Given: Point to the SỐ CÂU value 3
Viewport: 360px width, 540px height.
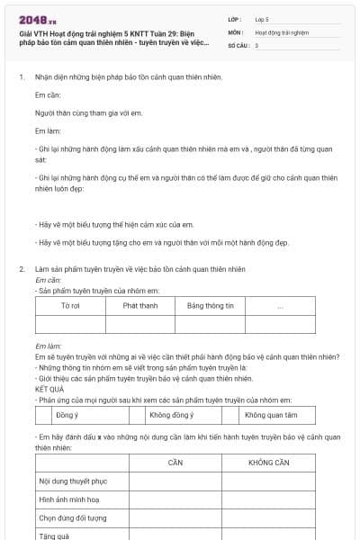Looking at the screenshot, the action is [257, 45].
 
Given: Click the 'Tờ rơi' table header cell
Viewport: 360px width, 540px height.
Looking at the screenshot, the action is [70, 306].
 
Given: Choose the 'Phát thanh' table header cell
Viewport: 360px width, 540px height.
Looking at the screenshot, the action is [140, 306].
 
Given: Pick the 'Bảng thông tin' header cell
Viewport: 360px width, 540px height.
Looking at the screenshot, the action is [210, 306].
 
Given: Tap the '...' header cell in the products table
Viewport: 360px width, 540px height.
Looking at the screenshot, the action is [281, 306].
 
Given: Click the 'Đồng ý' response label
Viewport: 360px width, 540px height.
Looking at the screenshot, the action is [67, 415].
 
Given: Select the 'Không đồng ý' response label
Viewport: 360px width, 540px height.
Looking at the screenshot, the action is [171, 415].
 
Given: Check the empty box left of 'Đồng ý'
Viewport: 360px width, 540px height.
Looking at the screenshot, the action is [41, 415].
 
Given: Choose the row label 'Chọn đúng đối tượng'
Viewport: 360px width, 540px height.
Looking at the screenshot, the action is [73, 518].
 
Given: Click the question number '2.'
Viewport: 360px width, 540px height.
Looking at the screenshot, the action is [22, 269].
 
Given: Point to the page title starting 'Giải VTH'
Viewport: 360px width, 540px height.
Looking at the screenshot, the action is [112, 37].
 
